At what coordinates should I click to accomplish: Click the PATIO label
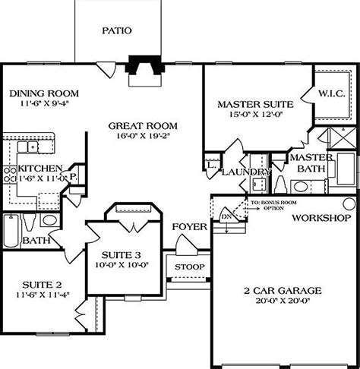tap(117, 31)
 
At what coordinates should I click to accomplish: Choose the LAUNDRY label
tap(247, 172)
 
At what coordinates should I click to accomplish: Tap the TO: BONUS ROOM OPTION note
tap(276, 204)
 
